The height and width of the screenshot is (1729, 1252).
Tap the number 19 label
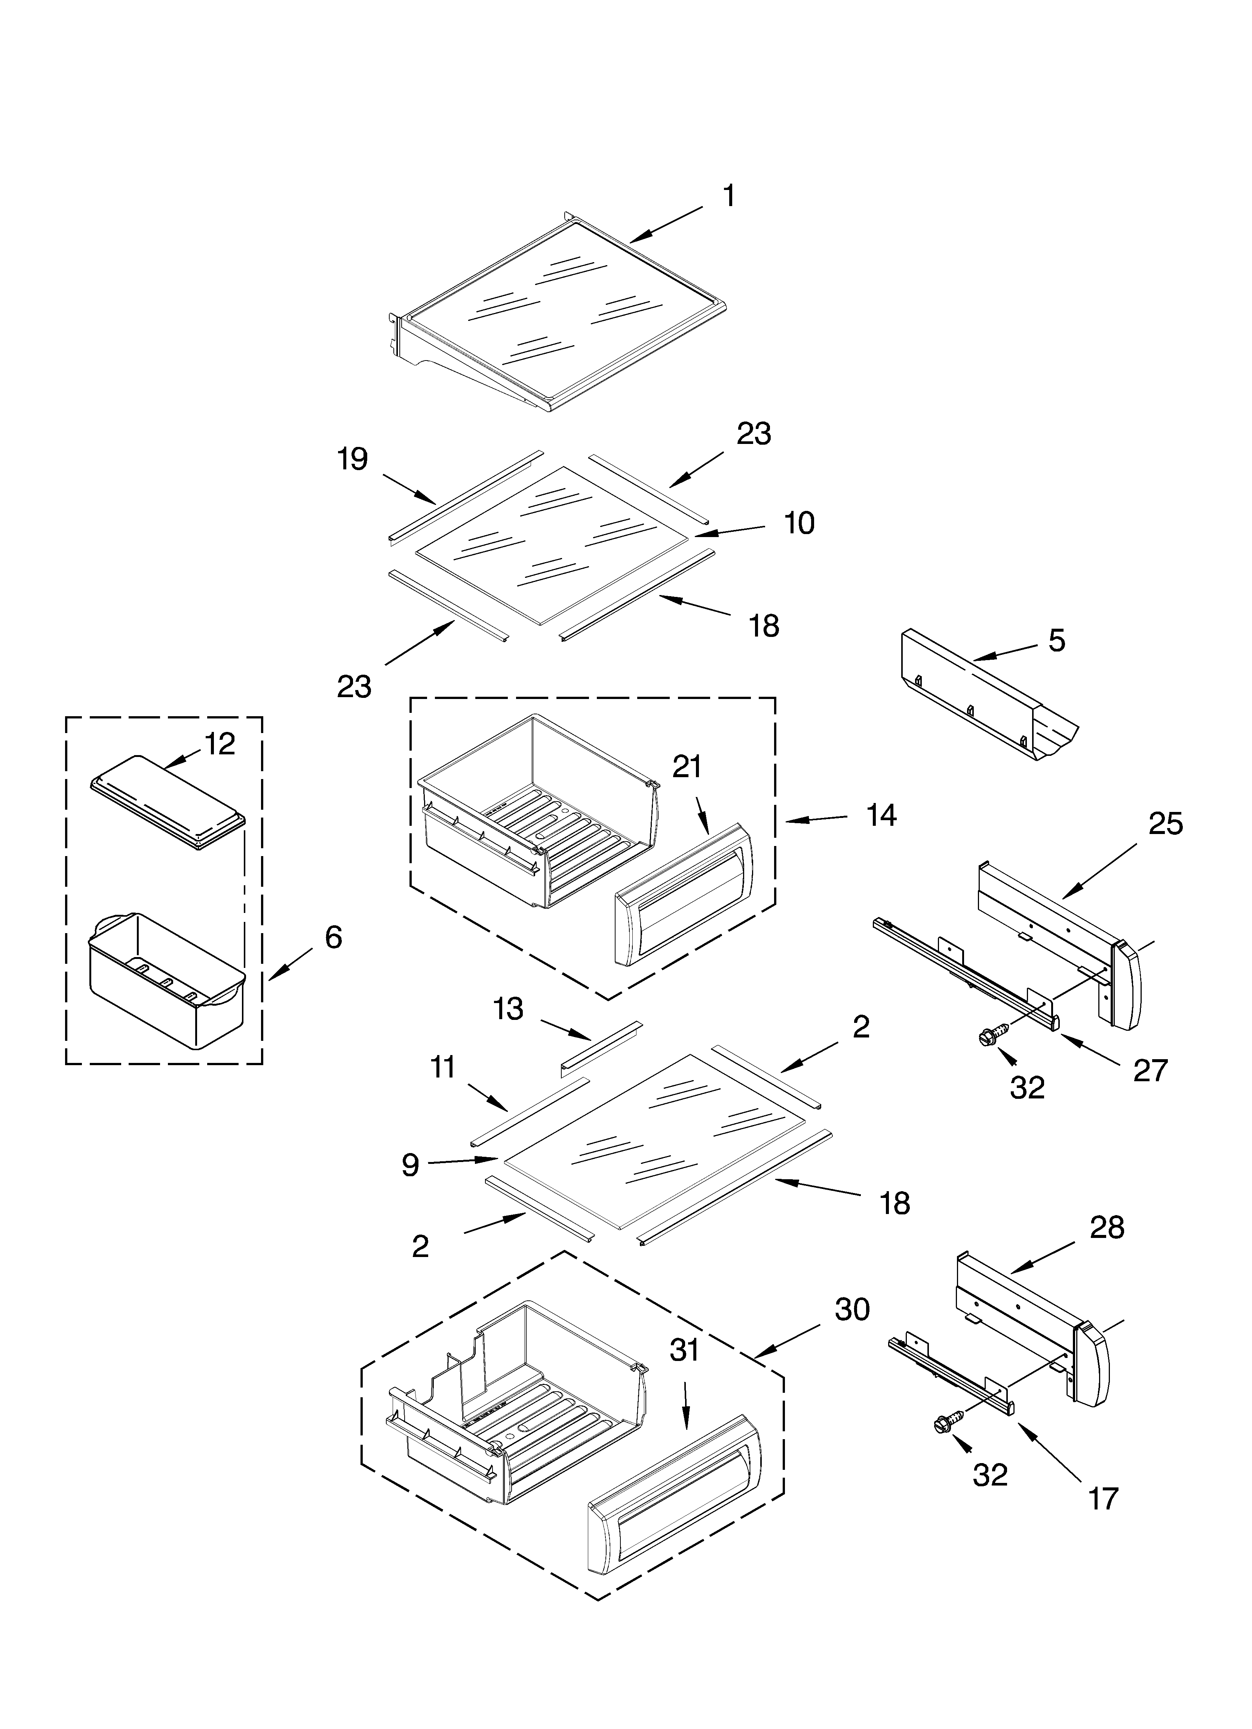point(352,460)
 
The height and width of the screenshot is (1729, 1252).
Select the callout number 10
point(799,524)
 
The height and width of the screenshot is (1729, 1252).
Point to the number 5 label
point(1056,641)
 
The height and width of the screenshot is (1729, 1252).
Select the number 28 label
point(1107,1228)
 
